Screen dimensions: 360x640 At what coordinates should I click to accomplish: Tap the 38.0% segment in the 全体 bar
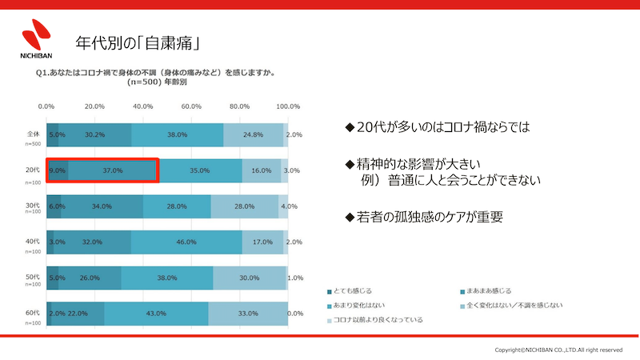click(x=177, y=135)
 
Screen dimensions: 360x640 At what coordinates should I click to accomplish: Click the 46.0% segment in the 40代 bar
click(x=186, y=242)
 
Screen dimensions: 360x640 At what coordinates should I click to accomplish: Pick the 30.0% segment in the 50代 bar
click(x=250, y=277)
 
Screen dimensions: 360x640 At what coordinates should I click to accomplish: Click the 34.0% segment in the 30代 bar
click(x=102, y=206)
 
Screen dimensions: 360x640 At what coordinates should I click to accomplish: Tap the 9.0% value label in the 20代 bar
click(x=57, y=170)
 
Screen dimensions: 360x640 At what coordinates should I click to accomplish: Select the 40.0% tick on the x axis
click(x=143, y=106)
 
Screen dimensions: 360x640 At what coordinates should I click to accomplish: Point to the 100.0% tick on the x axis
click(x=287, y=106)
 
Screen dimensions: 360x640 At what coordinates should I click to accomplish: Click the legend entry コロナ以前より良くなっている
click(x=378, y=319)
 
